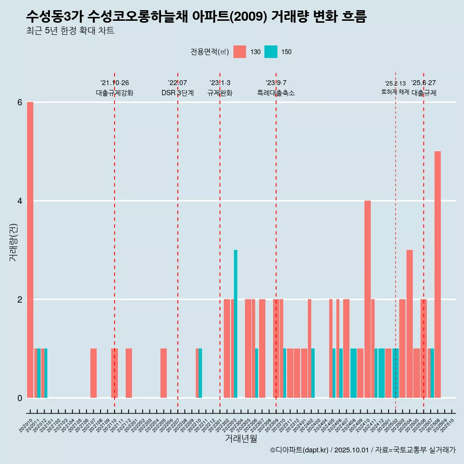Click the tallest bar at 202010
coord(30,250)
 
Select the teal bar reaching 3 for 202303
coord(235,324)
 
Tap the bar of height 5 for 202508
coord(437,275)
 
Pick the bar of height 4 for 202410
coord(367,299)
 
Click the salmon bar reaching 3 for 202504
coord(409,324)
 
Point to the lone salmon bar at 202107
coord(93,373)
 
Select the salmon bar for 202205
coord(163,373)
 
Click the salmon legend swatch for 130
coord(240,52)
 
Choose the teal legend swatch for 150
coord(271,52)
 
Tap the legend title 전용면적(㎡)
coord(210,52)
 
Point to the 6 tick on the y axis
coord(20,102)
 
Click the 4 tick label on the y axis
coord(20,201)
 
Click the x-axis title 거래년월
coord(241,438)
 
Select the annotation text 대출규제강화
coord(115,93)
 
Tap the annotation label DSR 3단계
coord(177,93)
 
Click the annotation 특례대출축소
coord(276,93)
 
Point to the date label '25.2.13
coord(395,83)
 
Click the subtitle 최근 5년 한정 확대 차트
coord(70,31)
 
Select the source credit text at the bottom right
coord(362,450)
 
